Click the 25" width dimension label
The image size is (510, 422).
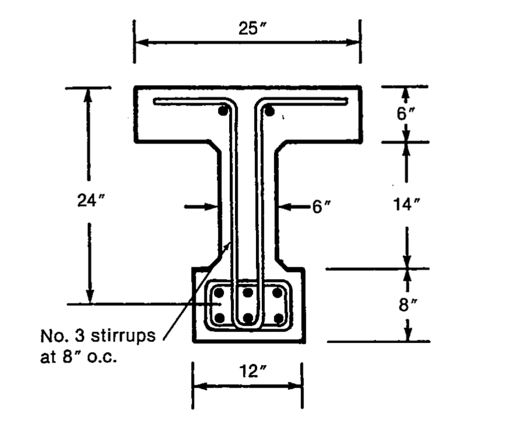click(x=247, y=29)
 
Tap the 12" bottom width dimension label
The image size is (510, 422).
click(x=248, y=372)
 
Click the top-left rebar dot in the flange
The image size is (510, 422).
click(x=224, y=112)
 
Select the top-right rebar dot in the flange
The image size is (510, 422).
click(x=269, y=111)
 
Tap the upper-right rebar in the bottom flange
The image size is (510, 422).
click(x=277, y=293)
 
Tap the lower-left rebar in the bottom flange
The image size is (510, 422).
click(x=221, y=318)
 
